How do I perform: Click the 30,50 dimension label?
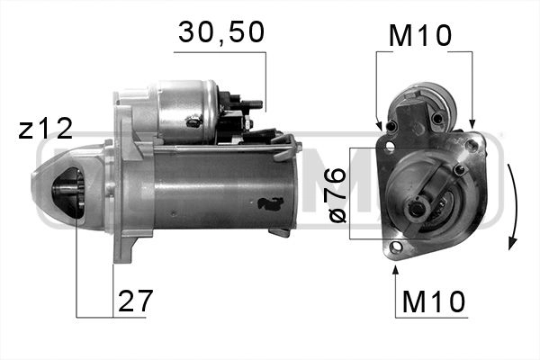[x=221, y=32]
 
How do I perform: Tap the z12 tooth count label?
[x=45, y=129]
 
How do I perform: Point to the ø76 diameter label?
[x=336, y=194]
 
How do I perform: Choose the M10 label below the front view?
[x=433, y=301]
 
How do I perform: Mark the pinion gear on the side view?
[x=67, y=195]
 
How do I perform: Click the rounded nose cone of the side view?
[x=54, y=193]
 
